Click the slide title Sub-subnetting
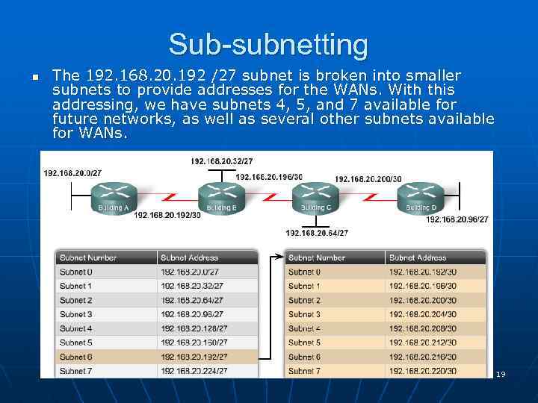click(x=268, y=45)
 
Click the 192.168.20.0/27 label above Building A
click(x=72, y=173)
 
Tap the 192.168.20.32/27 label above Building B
click(x=221, y=161)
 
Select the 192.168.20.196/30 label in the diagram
click(x=269, y=177)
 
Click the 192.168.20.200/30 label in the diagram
click(x=368, y=179)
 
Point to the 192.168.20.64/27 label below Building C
click(x=317, y=233)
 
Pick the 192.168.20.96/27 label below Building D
click(x=457, y=219)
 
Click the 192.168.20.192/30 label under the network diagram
click(x=167, y=216)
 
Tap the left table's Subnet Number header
click(x=88, y=258)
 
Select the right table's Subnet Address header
click(x=418, y=258)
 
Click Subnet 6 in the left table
click(x=76, y=357)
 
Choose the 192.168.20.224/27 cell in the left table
click(x=194, y=371)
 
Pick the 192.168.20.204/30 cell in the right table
click(x=422, y=314)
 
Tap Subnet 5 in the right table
click(x=304, y=343)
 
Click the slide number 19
click(x=501, y=374)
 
